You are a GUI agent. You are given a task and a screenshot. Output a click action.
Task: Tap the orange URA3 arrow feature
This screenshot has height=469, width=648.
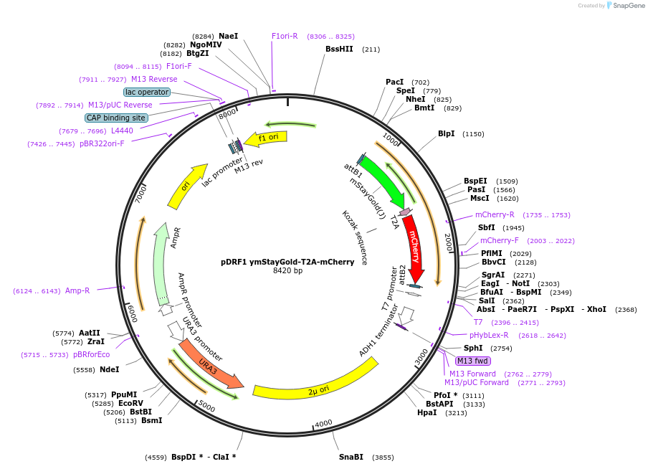pos(209,365)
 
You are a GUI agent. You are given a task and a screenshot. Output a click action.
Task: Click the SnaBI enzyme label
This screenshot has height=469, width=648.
pos(351,457)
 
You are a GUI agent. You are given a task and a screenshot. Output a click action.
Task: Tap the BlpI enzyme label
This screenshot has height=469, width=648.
pos(446,133)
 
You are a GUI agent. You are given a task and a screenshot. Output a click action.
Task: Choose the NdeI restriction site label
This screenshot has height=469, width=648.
pos(109,369)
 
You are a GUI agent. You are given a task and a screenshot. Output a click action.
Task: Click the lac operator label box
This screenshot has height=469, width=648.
pos(147,92)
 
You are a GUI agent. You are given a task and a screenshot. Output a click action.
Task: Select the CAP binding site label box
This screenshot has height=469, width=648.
pos(116,118)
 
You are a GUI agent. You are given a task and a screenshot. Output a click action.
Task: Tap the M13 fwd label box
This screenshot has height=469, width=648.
pos(472,361)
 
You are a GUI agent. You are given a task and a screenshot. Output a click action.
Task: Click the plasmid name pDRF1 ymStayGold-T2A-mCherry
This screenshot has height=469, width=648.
pos(287,262)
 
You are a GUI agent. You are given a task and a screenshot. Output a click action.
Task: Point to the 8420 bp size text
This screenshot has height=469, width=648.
pos(287,271)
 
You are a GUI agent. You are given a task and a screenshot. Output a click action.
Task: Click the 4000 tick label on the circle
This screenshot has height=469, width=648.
pos(323,423)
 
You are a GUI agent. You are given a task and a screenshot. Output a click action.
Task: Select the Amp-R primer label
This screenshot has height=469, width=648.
pos(77,290)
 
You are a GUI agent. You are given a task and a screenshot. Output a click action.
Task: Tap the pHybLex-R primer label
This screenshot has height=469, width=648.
pos(489,335)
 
